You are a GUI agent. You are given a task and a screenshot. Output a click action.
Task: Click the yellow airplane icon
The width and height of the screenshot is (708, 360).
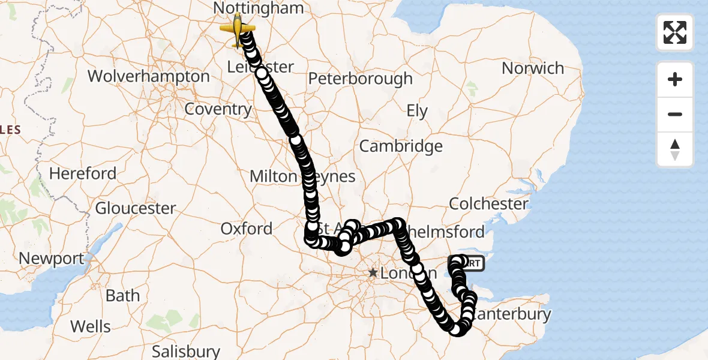[x=238, y=29]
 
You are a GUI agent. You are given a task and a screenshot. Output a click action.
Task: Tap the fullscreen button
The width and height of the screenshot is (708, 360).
[x=675, y=32]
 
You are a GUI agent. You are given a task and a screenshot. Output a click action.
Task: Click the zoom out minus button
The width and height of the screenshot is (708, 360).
[x=675, y=114]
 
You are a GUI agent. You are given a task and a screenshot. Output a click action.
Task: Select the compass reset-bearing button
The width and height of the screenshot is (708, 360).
[x=675, y=149]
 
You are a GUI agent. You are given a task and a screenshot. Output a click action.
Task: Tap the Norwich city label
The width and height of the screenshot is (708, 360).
[x=533, y=68]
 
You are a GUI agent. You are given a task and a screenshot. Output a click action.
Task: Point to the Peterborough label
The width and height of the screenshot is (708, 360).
[x=361, y=79]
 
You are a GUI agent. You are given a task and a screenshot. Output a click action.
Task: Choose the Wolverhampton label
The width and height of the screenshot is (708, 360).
[x=148, y=77]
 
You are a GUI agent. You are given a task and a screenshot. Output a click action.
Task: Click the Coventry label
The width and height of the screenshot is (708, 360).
[x=218, y=109]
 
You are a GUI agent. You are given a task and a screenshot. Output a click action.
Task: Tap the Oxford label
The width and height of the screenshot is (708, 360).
[x=246, y=229]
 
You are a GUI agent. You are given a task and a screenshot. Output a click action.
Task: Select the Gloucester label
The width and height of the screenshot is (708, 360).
[x=136, y=209]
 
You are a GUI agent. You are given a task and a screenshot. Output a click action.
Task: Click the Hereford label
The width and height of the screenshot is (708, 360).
[x=83, y=174]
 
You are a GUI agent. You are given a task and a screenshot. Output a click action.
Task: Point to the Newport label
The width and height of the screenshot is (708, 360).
[x=52, y=259]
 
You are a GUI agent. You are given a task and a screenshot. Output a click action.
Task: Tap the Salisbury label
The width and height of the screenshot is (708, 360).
[x=185, y=350]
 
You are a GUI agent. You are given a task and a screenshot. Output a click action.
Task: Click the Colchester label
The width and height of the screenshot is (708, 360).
[x=488, y=204]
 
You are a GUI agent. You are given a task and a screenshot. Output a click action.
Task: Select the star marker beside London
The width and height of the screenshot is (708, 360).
[x=373, y=273]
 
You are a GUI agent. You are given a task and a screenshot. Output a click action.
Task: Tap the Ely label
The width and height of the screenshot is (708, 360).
[x=417, y=111]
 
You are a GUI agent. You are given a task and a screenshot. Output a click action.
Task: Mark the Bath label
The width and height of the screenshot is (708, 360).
[x=122, y=296]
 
